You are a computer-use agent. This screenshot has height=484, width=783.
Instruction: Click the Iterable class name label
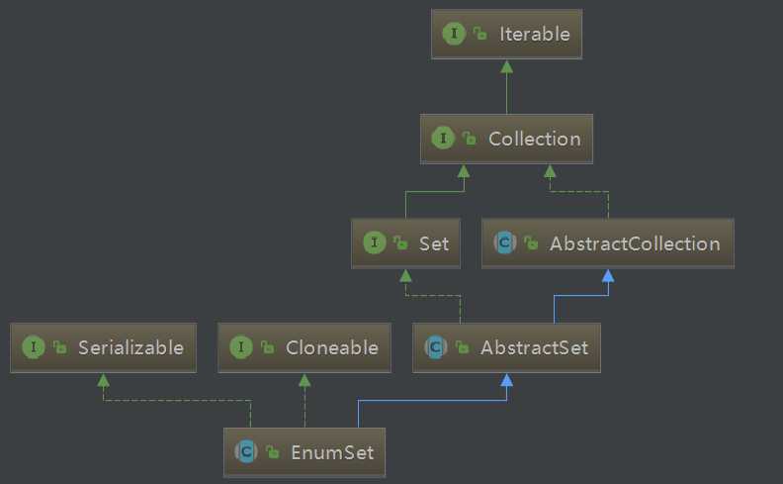[534, 34]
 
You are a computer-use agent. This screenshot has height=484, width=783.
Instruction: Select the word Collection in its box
[534, 139]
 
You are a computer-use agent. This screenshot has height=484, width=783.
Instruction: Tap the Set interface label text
[433, 243]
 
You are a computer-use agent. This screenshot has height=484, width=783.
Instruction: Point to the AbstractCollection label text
[635, 243]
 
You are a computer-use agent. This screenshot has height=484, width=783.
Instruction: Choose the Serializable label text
[130, 347]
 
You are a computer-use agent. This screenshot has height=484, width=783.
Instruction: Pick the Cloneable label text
[331, 347]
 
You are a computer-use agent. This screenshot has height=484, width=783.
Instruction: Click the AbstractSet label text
[534, 347]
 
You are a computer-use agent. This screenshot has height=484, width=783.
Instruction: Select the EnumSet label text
[332, 452]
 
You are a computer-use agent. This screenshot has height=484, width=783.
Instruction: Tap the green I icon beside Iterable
[454, 34]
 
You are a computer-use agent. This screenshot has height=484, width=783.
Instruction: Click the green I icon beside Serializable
[34, 347]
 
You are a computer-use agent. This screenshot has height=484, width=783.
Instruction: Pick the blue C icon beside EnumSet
[246, 451]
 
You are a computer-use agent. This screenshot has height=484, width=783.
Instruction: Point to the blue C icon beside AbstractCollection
[505, 242]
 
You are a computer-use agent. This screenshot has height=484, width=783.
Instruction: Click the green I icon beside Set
[375, 242]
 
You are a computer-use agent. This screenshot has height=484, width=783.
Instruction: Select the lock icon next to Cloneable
[268, 347]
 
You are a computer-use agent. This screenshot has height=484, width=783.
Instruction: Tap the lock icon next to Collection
[470, 138]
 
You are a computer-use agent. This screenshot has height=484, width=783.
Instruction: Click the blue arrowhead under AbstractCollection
[608, 275]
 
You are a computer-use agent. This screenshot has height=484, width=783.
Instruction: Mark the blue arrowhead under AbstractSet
[507, 380]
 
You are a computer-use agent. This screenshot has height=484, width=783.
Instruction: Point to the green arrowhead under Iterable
[507, 67]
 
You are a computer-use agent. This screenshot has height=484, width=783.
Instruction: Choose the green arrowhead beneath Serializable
[104, 380]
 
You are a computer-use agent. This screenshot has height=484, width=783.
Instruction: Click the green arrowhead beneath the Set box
[406, 275]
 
